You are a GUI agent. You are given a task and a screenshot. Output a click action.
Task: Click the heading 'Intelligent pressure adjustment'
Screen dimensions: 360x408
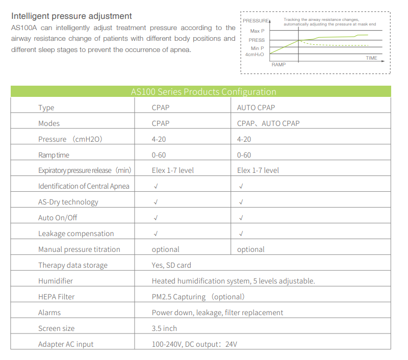tap(71, 16)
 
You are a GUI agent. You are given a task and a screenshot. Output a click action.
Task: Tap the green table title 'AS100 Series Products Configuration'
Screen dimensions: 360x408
tap(203, 92)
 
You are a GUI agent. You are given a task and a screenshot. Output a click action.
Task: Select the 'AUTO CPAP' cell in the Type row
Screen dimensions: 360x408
tap(256, 108)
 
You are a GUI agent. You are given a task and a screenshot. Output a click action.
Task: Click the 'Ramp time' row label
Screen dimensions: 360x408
tap(54, 155)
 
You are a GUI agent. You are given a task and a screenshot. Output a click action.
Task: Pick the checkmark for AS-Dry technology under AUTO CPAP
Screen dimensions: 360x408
tap(241, 202)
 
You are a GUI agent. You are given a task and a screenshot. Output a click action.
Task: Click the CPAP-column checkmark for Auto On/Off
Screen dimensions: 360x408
tap(156, 218)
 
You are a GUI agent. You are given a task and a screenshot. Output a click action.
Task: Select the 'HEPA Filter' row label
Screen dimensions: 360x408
tap(56, 297)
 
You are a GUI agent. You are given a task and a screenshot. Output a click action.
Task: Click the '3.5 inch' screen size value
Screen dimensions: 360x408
tap(164, 328)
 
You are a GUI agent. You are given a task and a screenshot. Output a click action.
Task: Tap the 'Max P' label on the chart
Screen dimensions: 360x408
tap(258, 31)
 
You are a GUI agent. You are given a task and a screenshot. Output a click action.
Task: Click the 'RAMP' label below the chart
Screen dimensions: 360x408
tap(278, 65)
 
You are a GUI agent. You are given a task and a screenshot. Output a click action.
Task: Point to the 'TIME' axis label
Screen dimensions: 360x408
tap(371, 58)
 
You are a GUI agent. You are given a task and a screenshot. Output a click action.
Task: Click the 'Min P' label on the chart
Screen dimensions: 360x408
tap(258, 48)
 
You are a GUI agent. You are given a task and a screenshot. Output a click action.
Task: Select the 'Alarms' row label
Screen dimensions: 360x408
tap(49, 313)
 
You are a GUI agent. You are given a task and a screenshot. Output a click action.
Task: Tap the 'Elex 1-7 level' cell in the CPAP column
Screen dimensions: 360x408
tap(172, 170)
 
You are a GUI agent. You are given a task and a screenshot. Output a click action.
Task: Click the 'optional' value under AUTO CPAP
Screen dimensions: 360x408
tap(251, 249)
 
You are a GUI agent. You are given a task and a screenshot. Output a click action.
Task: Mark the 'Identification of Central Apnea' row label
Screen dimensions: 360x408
tap(84, 186)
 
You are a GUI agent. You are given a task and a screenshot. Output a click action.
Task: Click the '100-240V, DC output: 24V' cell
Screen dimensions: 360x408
tap(194, 344)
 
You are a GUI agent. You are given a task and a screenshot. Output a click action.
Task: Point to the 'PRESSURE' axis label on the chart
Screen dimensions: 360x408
tap(256, 20)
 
